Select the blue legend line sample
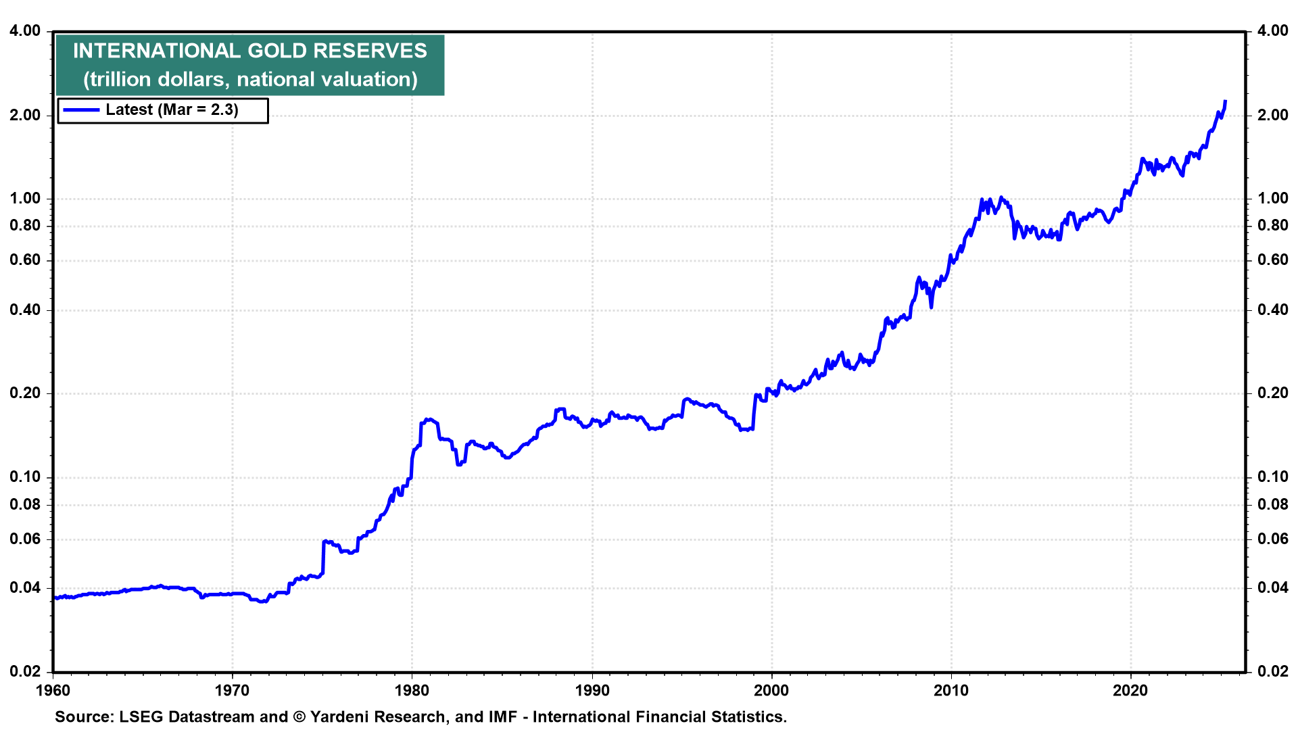pos(81,110)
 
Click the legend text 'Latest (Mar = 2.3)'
pos(172,110)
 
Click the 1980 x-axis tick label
pos(412,690)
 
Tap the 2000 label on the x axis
pos(771,690)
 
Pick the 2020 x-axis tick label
pos(1130,690)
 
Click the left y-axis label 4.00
pos(25,30)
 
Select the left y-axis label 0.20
pos(25,393)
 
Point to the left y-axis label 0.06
pos(25,539)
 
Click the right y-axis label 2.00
pos(1273,115)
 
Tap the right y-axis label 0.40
pos(1273,310)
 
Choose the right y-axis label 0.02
pos(1273,671)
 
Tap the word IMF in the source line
pos(502,716)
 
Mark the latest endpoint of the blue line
pos(1225,102)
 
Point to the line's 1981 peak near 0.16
pos(427,420)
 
